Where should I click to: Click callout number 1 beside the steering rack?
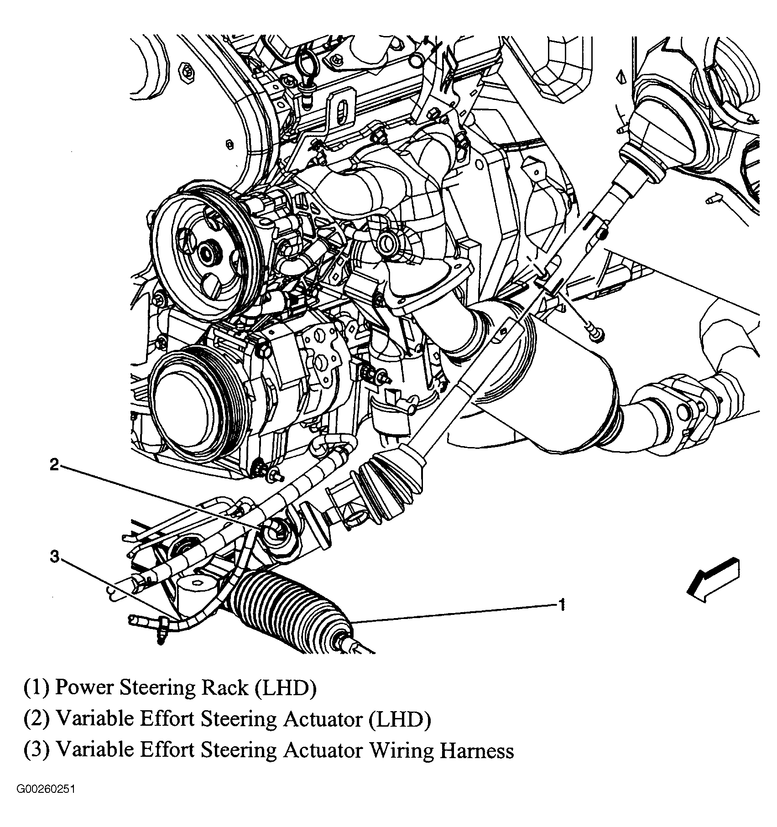(x=562, y=605)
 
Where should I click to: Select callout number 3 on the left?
(x=54, y=557)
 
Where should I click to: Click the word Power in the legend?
(x=84, y=688)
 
